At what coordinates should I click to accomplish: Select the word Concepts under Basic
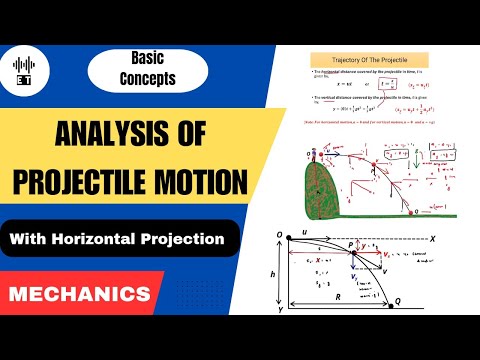146,78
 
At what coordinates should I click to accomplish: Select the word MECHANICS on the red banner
79,295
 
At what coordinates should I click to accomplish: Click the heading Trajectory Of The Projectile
371,61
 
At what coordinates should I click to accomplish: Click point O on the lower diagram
282,236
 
